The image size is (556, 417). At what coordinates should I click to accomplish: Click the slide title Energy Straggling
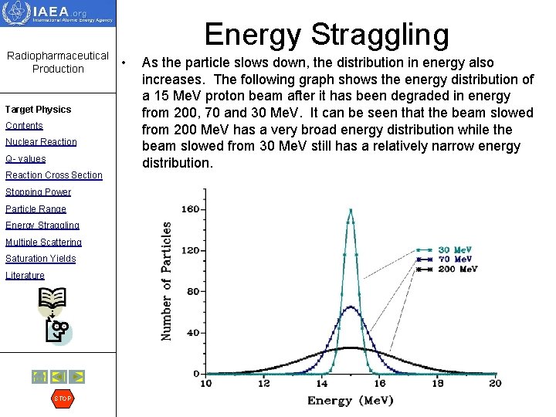tap(326, 35)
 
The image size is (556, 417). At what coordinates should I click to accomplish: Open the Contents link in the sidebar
tap(24, 126)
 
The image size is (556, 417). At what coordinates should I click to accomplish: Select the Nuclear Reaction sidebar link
tap(41, 142)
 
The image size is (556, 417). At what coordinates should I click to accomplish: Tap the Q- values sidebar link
tap(25, 159)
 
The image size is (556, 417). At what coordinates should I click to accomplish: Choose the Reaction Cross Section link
tap(53, 175)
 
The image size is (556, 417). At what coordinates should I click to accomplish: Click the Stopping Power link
tap(38, 192)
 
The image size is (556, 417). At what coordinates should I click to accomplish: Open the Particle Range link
tap(36, 209)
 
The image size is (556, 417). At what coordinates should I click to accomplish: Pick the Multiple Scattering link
tap(43, 242)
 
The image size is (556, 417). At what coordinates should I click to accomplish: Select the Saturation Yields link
tap(40, 259)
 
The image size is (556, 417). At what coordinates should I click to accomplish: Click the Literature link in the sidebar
tap(25, 276)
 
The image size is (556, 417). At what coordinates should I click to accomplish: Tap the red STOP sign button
tap(62, 398)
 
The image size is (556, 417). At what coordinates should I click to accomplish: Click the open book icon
tap(53, 300)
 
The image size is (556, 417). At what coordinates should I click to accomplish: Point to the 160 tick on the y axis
tap(189, 209)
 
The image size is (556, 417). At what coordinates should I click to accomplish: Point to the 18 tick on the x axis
tap(437, 384)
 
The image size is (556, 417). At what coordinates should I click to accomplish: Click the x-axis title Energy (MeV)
tap(350, 400)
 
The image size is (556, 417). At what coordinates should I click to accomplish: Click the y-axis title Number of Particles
tap(166, 281)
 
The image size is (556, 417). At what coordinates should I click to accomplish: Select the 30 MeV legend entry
tap(455, 250)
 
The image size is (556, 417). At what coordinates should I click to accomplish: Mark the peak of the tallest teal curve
tap(351, 209)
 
